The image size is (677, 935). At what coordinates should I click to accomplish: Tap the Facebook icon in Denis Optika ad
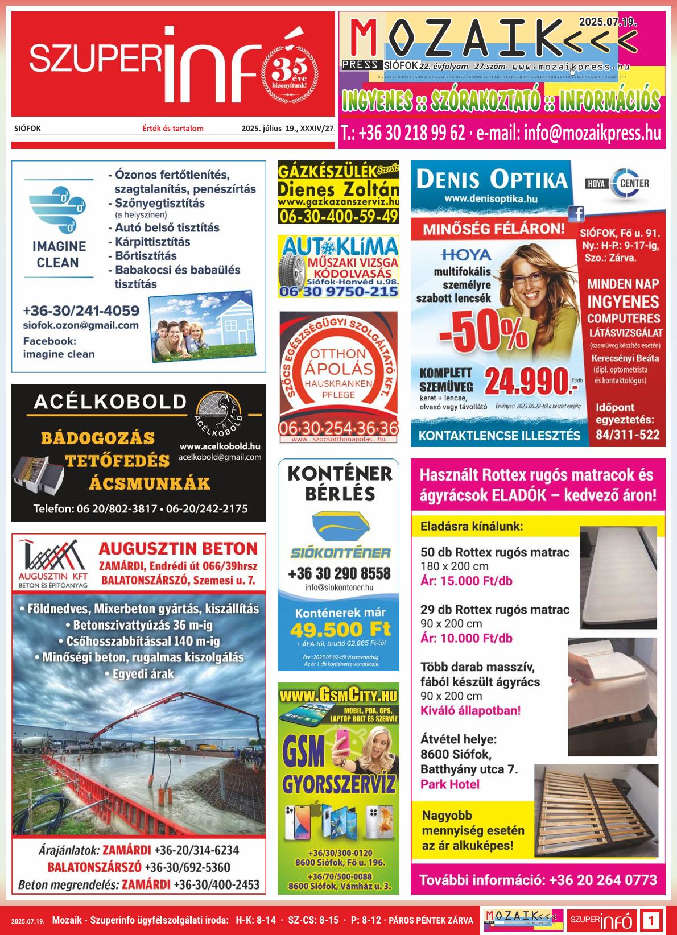tap(576, 213)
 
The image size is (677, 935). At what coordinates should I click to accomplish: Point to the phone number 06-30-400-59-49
tap(338, 216)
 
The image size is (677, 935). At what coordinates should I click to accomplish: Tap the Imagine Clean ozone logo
tap(58, 210)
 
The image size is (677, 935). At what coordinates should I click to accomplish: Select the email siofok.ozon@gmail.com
tap(81, 325)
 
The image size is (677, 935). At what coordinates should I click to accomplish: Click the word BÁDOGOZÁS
tap(98, 438)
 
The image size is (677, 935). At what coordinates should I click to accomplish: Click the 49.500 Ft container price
tap(340, 630)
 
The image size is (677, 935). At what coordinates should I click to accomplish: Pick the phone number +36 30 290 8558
tap(339, 573)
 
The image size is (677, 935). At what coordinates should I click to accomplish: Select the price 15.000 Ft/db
tap(466, 581)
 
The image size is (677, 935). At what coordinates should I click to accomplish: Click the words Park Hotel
tap(449, 784)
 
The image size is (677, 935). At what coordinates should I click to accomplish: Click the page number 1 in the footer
tap(652, 920)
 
